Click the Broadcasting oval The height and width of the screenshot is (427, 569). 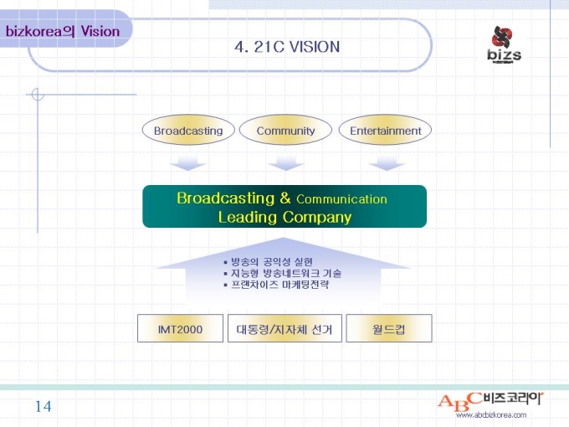(188, 131)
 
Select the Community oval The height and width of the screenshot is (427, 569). (286, 131)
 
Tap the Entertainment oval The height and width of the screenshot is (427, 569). (385, 131)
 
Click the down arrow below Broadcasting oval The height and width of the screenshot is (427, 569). (187, 160)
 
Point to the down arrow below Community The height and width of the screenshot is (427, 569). (286, 160)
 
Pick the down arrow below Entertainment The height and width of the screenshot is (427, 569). (387, 160)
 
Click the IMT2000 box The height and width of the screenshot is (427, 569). (181, 329)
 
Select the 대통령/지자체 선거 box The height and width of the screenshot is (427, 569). (284, 329)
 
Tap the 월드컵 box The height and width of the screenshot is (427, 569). (388, 329)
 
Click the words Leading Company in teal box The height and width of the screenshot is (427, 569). (284, 218)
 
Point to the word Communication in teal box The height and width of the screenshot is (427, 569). (341, 199)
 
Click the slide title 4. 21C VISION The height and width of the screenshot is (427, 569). (287, 47)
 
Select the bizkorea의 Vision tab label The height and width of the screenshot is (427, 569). (63, 32)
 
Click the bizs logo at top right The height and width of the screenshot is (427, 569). (504, 44)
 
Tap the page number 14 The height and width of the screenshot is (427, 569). (43, 407)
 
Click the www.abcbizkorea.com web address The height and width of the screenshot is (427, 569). (490, 415)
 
